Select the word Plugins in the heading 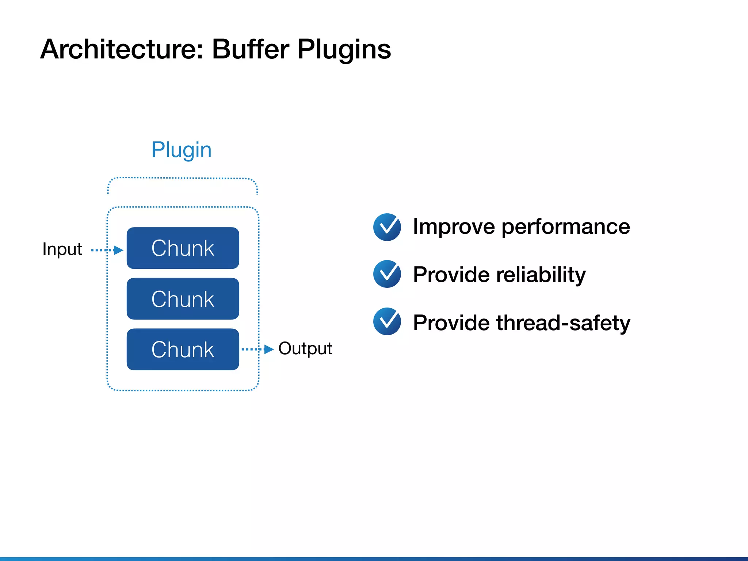click(344, 50)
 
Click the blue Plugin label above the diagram click(182, 150)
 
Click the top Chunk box click(183, 248)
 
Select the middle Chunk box click(183, 299)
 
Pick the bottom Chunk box click(183, 350)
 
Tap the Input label click(62, 249)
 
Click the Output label click(305, 348)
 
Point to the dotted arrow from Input click(107, 250)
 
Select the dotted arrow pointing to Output click(257, 349)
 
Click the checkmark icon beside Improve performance click(387, 227)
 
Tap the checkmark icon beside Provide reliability click(387, 274)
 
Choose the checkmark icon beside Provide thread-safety click(387, 321)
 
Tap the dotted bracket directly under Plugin click(183, 178)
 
